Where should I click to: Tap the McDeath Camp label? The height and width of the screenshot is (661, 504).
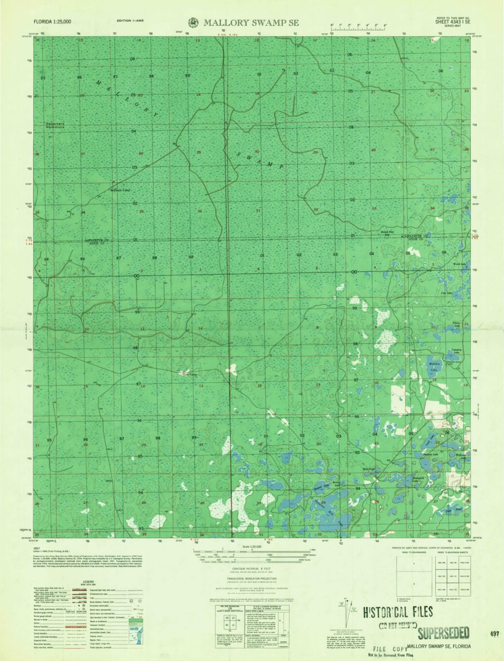coord(120,190)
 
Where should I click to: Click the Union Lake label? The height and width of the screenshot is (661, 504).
coord(458,325)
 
